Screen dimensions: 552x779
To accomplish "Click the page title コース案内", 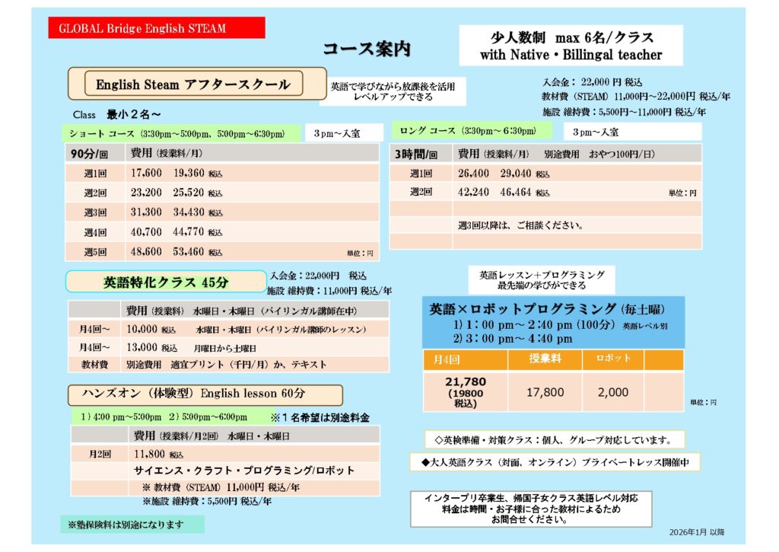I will (x=366, y=49).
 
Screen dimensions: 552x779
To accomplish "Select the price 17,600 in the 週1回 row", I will (x=146, y=173).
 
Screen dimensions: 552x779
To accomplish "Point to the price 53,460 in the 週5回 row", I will (x=189, y=251).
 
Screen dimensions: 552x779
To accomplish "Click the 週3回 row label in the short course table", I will (x=95, y=212).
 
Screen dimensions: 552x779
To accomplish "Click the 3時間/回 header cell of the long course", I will (x=417, y=153).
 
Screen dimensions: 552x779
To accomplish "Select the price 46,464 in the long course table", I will (x=516, y=193).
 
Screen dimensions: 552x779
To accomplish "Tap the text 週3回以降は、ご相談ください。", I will (x=520, y=225).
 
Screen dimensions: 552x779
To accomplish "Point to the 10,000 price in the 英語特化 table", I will (x=142, y=330).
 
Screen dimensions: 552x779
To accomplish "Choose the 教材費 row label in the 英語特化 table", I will (x=95, y=364).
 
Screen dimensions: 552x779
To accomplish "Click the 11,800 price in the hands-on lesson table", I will (x=149, y=454).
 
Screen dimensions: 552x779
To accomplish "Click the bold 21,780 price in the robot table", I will (x=465, y=381).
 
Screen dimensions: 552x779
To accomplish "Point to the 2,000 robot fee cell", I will (x=613, y=392).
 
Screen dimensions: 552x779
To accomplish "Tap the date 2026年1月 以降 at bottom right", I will (x=698, y=531).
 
